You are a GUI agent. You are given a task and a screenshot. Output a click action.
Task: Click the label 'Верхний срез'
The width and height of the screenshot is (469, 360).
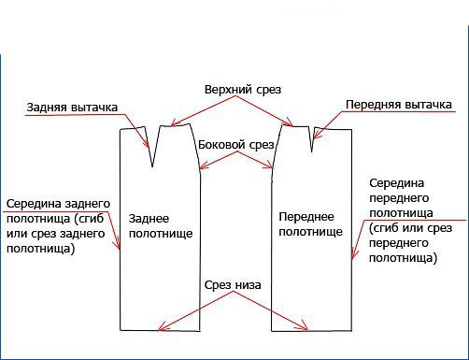tap(242, 89)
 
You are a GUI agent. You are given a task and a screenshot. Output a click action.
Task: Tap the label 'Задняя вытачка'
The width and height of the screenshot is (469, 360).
tap(72, 107)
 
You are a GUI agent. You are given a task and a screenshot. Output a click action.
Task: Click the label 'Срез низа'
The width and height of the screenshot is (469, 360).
tap(234, 283)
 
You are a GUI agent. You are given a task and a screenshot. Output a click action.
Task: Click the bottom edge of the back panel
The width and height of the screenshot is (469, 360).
tap(160, 331)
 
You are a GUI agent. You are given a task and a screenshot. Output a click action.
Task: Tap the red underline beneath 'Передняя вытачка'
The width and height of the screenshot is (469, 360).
tap(397, 114)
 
